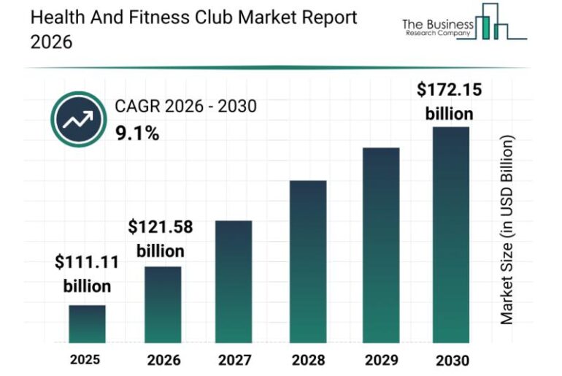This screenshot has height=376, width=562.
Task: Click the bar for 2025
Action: coord(87,324)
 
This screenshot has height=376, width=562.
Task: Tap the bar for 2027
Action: coord(234,282)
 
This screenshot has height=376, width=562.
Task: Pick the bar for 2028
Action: coord(308,261)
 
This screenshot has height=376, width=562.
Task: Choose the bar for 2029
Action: coord(381,245)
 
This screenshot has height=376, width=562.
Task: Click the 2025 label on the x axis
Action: coord(85,359)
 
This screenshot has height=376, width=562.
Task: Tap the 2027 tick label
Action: coord(234,360)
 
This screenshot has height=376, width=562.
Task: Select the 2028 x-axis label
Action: coord(308,360)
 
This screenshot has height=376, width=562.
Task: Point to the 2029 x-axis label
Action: coord(381,360)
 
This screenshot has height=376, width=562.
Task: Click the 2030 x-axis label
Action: coord(451,360)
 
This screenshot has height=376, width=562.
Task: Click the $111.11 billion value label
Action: coord(87,275)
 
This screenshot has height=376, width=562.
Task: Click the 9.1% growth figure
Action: coord(137,134)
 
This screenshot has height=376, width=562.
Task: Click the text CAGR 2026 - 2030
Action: coord(185,107)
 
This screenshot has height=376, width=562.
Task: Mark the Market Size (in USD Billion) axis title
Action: coord(508,229)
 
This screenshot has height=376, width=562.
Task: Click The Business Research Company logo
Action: coord(465,25)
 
